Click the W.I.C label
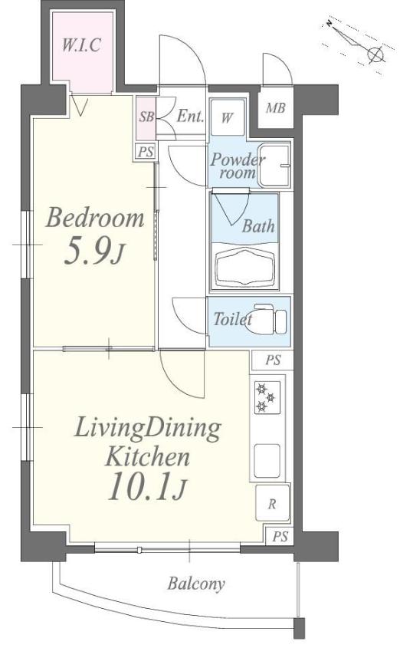(x=81, y=44)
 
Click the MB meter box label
(x=276, y=108)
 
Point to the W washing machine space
(x=227, y=117)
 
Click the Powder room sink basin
(x=274, y=165)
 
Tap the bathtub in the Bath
(x=245, y=267)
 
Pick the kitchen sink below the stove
(x=267, y=461)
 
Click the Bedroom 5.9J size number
(x=93, y=252)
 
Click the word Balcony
(x=196, y=584)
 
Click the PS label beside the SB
(x=146, y=152)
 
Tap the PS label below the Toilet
(x=273, y=360)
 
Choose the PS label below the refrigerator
(x=280, y=536)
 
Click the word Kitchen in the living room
(x=147, y=458)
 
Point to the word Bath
(x=258, y=226)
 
